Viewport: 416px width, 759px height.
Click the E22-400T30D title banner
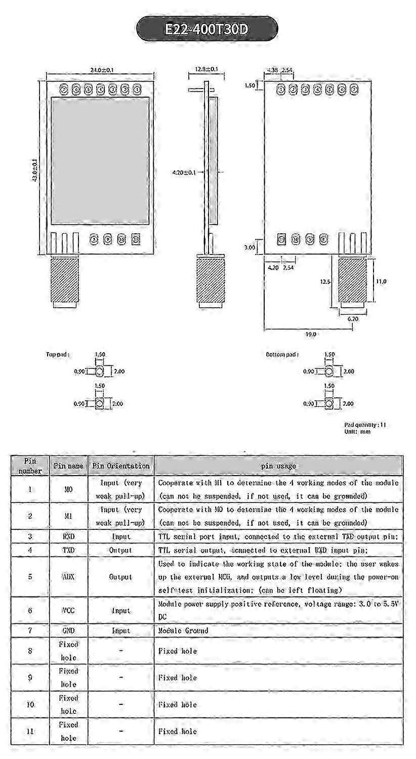pyautogui.click(x=207, y=29)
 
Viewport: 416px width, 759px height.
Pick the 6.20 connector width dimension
pyautogui.click(x=352, y=319)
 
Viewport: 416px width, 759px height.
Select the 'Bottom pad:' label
pyautogui.click(x=282, y=355)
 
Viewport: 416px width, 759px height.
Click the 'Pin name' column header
pyautogui.click(x=69, y=465)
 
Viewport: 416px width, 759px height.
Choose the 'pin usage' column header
pyautogui.click(x=278, y=465)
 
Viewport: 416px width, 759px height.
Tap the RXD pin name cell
pyautogui.click(x=69, y=536)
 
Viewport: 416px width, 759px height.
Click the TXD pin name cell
pyautogui.click(x=69, y=550)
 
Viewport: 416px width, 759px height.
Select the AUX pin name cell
pyautogui.click(x=69, y=577)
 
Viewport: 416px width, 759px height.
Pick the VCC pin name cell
pyautogui.click(x=69, y=610)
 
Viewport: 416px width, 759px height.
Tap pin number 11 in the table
pyautogui.click(x=30, y=731)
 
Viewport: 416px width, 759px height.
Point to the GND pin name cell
pyautogui.click(x=69, y=630)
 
